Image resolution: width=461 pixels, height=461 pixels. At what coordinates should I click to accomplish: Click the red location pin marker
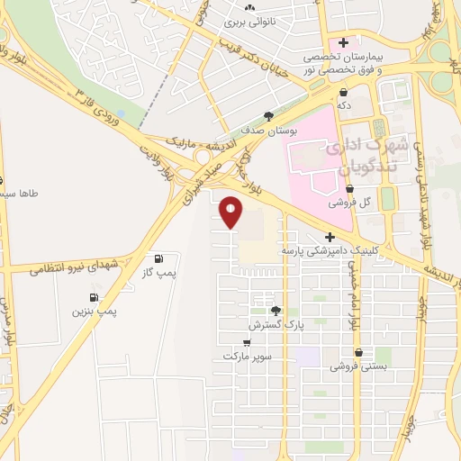pos(231,212)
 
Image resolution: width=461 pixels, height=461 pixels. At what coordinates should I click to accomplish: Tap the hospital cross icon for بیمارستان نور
pos(343,43)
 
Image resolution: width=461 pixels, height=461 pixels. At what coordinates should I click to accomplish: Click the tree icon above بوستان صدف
pos(268,115)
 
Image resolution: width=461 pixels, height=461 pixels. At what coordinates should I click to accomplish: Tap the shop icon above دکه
pos(344,92)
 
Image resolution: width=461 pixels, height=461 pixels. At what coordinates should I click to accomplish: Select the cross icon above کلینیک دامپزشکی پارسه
pos(331,236)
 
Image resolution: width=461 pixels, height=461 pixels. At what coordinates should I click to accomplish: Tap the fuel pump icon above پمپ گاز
pos(159,258)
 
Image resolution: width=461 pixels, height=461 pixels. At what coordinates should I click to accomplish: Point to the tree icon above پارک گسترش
pos(288,310)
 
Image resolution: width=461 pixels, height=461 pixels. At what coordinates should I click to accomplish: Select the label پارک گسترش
pos(274,323)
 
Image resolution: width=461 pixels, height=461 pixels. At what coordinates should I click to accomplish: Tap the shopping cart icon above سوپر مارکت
pos(248,343)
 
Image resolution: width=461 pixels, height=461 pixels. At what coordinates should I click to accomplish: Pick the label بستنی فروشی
pos(358,366)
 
